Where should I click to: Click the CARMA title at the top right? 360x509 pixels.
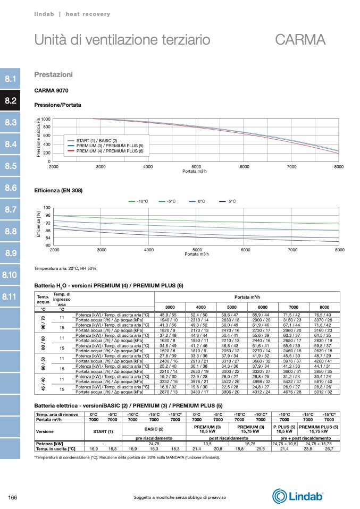300,40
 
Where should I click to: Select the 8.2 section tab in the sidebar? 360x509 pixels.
11,101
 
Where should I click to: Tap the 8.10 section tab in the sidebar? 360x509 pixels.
11,275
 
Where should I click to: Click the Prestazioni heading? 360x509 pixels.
53,74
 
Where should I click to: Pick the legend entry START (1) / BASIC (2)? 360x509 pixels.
96,140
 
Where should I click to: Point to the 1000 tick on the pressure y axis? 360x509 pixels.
46,119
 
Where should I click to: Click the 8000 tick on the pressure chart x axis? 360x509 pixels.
339,167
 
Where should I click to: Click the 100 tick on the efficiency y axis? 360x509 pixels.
47,208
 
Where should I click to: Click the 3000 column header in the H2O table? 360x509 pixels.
170,308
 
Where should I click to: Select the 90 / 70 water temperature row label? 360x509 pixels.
43,322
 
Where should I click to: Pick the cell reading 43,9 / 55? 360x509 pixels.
170,316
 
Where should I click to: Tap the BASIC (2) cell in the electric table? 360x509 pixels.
154,428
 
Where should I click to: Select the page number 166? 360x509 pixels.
14,497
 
